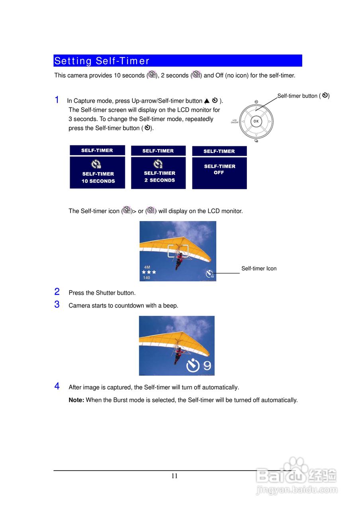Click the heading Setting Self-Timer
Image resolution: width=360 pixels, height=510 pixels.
[102, 61]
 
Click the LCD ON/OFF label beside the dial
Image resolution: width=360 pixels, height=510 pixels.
[235, 121]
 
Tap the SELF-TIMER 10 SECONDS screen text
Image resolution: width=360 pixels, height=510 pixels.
[98, 177]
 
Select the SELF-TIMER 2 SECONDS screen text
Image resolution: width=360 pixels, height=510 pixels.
[159, 177]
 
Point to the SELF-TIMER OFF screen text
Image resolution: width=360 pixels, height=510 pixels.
[219, 169]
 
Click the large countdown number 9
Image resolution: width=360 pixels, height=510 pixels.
[207, 365]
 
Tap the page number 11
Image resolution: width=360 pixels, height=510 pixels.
[174, 476]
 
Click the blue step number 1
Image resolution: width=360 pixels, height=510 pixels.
[57, 100]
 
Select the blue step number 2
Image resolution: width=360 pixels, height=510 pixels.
[57, 292]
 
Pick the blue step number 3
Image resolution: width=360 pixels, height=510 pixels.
[57, 305]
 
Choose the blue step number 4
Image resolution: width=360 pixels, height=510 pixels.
[57, 386]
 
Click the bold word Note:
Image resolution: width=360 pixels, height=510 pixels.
[76, 400]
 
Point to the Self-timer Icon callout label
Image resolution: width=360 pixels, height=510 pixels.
[259, 269]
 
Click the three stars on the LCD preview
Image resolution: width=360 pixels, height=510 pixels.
[149, 272]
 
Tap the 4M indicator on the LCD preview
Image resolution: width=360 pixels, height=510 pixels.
[147, 267]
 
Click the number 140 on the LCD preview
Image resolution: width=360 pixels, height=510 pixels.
[147, 278]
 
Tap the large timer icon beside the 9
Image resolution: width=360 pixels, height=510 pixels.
[193, 365]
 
